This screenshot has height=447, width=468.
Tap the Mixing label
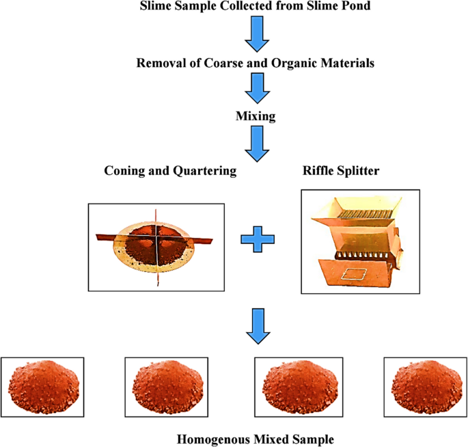pyautogui.click(x=256, y=116)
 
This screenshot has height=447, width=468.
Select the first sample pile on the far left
pyautogui.click(x=43, y=388)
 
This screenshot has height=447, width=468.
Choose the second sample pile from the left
pyautogui.click(x=167, y=388)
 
